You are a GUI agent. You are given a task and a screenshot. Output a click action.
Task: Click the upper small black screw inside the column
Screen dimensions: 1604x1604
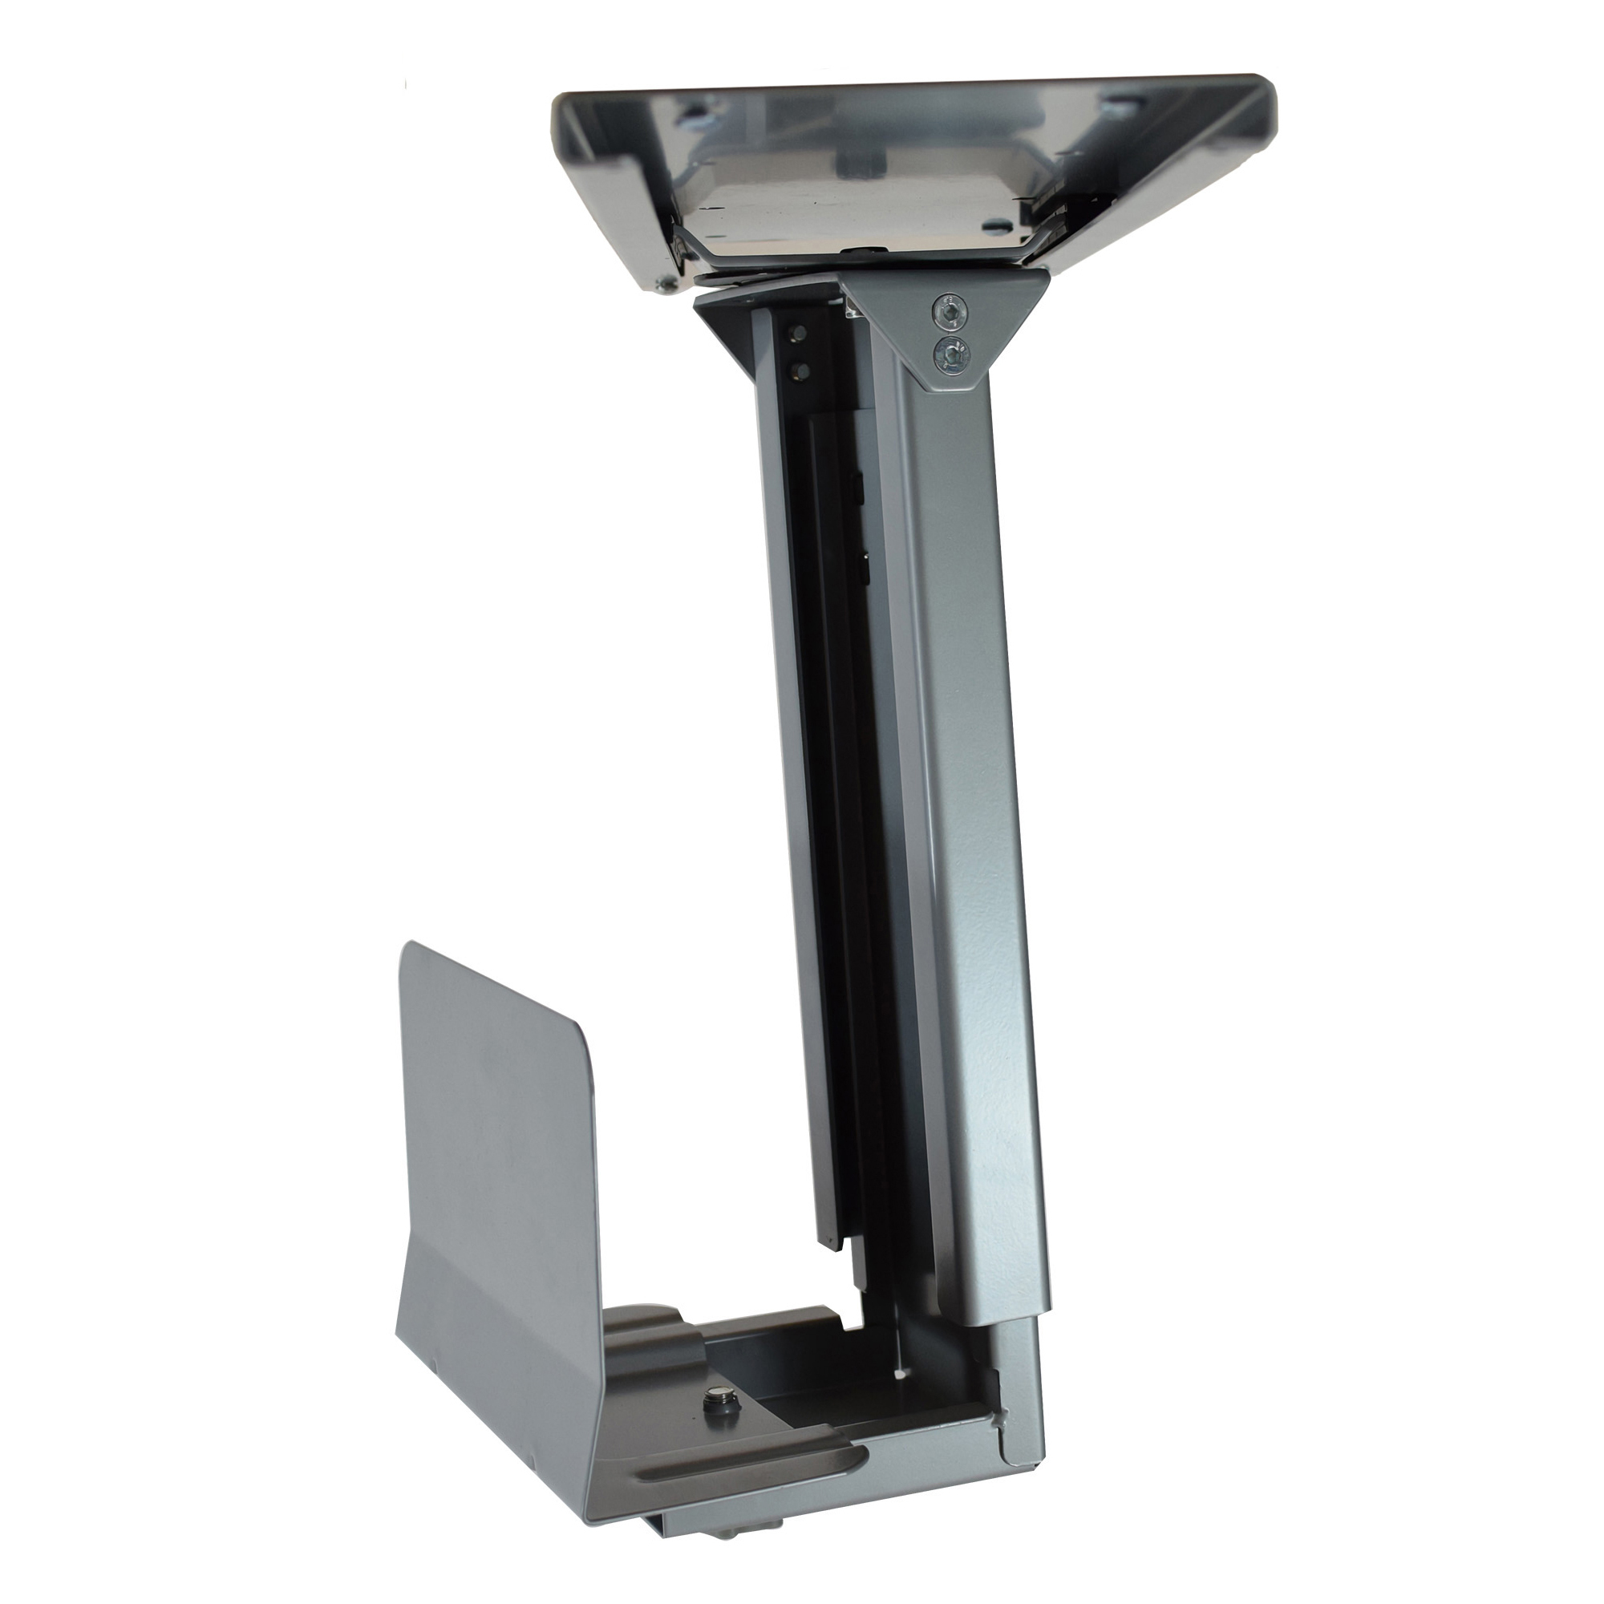(797, 333)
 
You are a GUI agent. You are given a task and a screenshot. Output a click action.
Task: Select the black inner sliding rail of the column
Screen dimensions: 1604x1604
(839, 830)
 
